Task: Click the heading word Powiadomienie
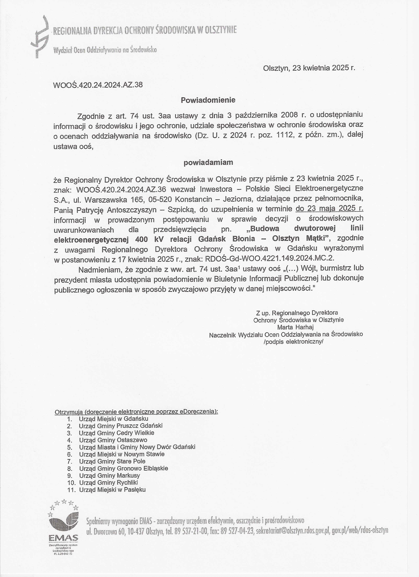(208, 100)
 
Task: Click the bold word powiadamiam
(208, 162)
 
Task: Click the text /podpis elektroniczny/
(293, 342)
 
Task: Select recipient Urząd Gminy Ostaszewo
(113, 440)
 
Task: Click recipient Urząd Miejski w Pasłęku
(112, 490)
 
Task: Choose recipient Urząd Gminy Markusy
(109, 476)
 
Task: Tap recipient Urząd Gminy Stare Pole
(112, 461)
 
